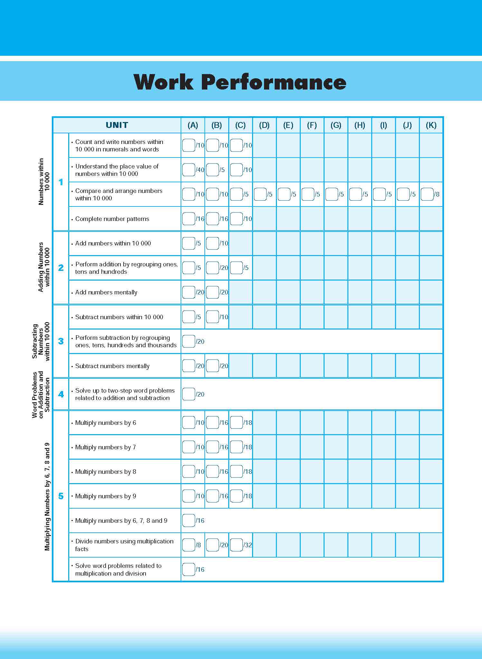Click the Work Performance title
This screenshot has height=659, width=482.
pyautogui.click(x=240, y=82)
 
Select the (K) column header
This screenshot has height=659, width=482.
pyautogui.click(x=431, y=125)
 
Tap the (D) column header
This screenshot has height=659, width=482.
pyautogui.click(x=264, y=125)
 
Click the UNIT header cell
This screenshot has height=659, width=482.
pyautogui.click(x=117, y=125)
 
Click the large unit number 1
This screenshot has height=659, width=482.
pyautogui.click(x=61, y=182)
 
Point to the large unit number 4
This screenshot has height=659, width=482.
pyautogui.click(x=61, y=394)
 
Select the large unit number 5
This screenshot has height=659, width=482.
pyautogui.click(x=61, y=496)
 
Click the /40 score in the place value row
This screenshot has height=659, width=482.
pyautogui.click(x=200, y=170)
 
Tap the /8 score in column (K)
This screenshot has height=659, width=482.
pyautogui.click(x=437, y=194)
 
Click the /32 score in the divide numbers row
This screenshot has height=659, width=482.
pyautogui.click(x=248, y=545)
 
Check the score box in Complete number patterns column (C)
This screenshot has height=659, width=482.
pyautogui.click(x=236, y=219)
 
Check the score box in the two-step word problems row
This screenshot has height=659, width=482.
pyautogui.click(x=189, y=394)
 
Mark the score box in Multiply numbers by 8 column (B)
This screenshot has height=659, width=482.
pyautogui.click(x=213, y=472)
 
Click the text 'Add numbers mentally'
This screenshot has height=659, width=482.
pyautogui.click(x=106, y=292)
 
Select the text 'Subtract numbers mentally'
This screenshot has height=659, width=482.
pyautogui.click(x=112, y=366)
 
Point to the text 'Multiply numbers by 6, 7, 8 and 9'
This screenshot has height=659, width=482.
pyautogui.click(x=121, y=521)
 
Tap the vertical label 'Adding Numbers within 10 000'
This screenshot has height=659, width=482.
pyautogui.click(x=44, y=267)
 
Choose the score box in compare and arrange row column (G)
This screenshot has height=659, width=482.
pyautogui.click(x=332, y=194)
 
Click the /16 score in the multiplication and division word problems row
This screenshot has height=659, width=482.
pyautogui.click(x=200, y=569)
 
